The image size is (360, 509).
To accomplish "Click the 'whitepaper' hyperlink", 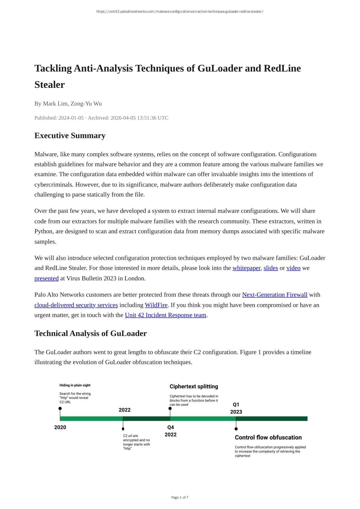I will tap(246, 268).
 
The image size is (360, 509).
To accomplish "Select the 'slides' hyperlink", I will tap(270, 268).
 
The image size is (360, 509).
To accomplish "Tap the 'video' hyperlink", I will tap(293, 268).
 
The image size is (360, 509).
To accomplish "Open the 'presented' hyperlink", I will tap(46, 279).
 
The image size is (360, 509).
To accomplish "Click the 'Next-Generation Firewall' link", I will tap(274, 295).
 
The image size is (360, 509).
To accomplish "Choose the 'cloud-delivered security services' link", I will tap(76, 305).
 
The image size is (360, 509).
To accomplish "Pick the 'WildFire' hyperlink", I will tap(156, 305).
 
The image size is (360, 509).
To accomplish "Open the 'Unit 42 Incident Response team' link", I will tap(166, 315).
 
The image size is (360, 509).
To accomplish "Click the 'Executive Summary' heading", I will tap(70, 136).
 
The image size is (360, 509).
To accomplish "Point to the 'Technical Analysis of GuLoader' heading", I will tap(90, 334).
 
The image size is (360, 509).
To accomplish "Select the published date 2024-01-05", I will tap(71, 118).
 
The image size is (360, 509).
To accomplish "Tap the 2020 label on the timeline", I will tap(60, 427).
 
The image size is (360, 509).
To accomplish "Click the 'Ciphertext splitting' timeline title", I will tap(194, 387).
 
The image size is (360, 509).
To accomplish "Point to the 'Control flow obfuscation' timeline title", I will tap(268, 438).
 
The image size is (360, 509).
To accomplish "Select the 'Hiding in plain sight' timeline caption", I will tap(75, 385).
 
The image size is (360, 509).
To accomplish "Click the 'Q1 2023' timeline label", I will tap(236, 408).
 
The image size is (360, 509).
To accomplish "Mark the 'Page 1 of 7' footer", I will tap(180, 498).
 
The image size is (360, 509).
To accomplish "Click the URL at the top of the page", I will tap(180, 12).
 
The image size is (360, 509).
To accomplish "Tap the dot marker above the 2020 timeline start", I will tap(60, 408).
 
